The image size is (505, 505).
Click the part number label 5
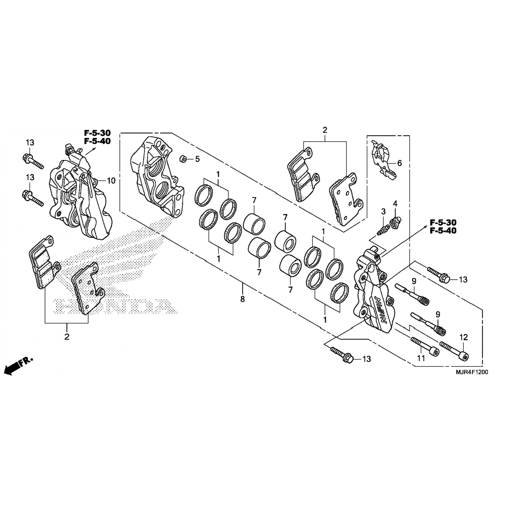(x=197, y=159)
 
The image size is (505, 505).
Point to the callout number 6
(x=400, y=163)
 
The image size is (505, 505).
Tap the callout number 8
(x=242, y=299)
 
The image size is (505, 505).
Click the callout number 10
(x=111, y=181)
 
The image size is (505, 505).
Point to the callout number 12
(x=463, y=337)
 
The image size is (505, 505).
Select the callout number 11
(x=421, y=359)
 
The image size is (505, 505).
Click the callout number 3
(x=383, y=211)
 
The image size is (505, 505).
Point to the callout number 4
(x=395, y=203)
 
